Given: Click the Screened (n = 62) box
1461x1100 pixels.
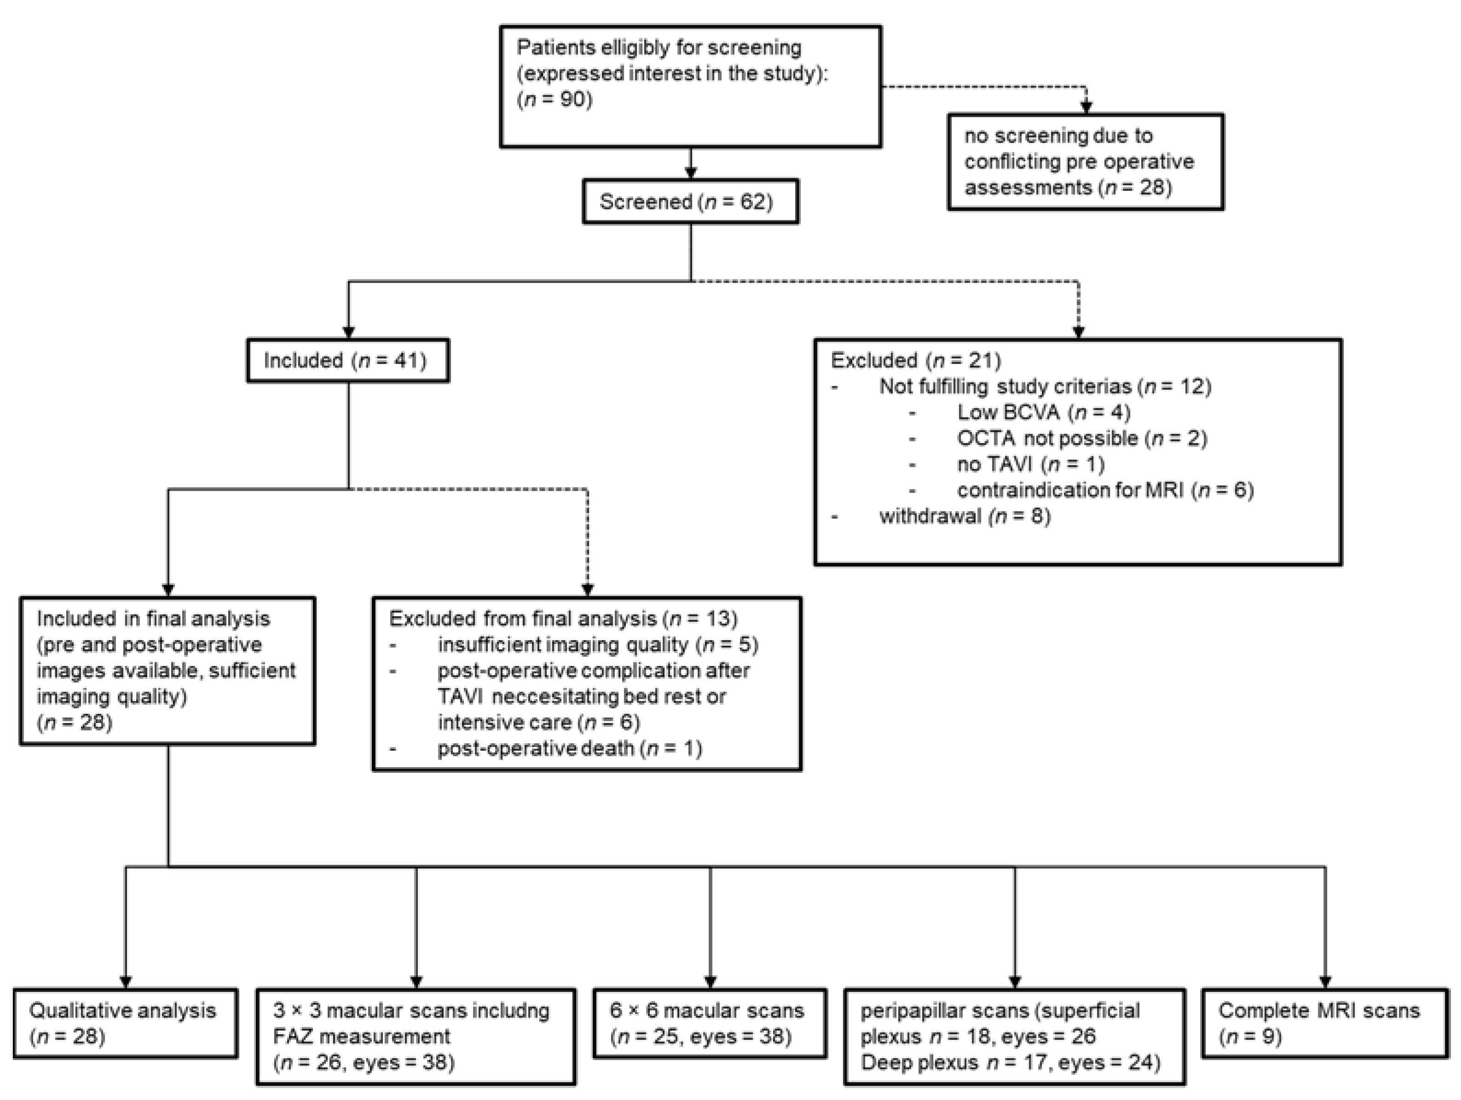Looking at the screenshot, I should [x=690, y=202].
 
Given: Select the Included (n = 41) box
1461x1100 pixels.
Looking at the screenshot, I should [x=347, y=361].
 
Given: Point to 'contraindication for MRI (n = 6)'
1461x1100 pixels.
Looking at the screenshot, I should [x=1105, y=490].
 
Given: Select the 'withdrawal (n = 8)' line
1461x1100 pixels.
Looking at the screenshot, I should [x=964, y=516].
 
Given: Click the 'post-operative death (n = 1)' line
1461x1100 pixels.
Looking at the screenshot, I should [x=569, y=748].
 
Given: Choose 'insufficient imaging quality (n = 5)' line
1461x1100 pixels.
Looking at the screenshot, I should [x=597, y=645].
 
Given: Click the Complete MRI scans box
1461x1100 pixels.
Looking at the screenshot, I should [x=1324, y=1023].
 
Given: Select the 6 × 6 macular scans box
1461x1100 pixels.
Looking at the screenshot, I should [x=710, y=1023].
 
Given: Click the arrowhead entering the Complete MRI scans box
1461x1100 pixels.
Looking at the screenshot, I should [x=1325, y=982].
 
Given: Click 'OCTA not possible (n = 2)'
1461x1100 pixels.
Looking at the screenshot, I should [x=1081, y=439].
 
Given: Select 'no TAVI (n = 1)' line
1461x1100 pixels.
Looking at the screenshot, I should [x=1030, y=464].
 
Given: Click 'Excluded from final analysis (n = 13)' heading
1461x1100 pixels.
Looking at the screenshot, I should [x=563, y=619].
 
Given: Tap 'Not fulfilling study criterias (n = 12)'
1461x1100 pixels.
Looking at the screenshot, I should [x=1045, y=387].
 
